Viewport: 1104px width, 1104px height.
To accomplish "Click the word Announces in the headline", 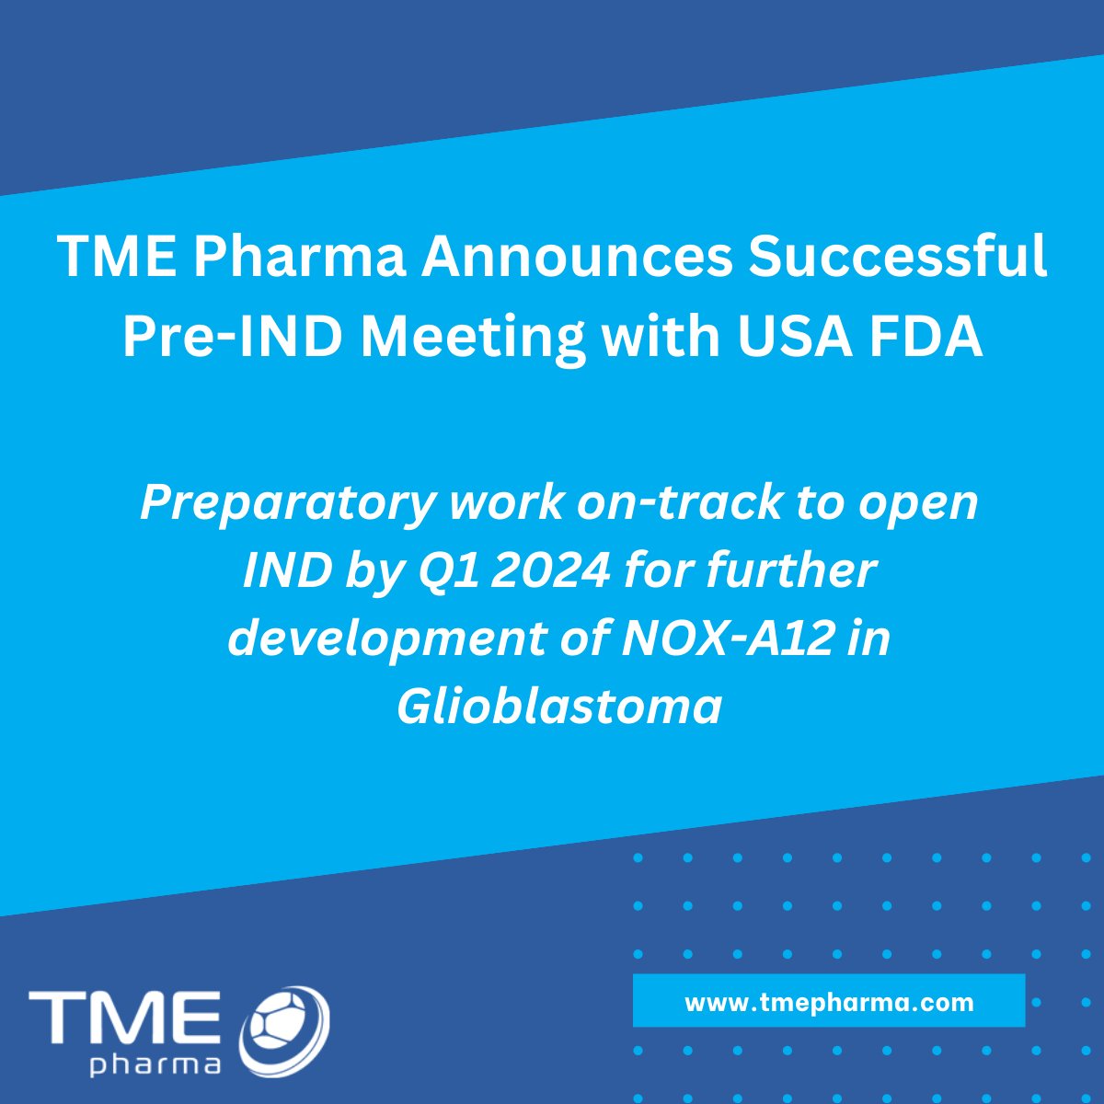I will (577, 256).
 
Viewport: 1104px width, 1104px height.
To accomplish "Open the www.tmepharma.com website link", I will (828, 1001).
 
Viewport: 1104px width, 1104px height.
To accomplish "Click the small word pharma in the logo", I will (155, 1065).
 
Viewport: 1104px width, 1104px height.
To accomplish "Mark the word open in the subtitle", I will (925, 503).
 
